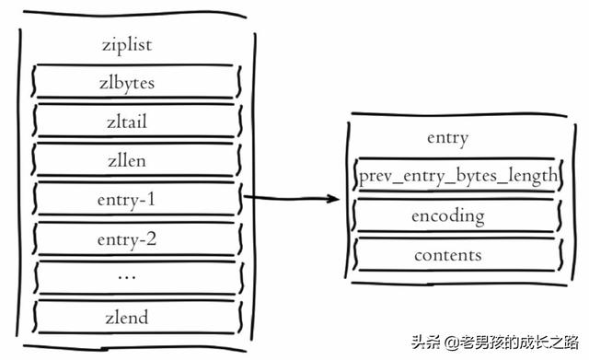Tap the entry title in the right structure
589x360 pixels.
(x=448, y=138)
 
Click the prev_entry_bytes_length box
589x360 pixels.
(x=457, y=176)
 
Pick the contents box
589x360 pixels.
(x=448, y=254)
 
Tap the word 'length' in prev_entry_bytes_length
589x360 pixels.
(x=533, y=176)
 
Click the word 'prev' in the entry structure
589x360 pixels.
(x=375, y=176)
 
